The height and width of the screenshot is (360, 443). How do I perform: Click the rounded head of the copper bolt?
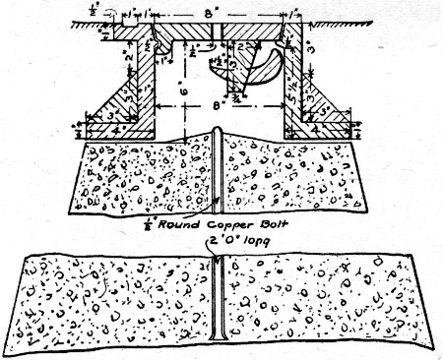point(216,133)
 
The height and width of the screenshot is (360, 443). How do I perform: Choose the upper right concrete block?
point(295,177)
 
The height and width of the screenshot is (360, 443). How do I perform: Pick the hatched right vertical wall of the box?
point(290,89)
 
